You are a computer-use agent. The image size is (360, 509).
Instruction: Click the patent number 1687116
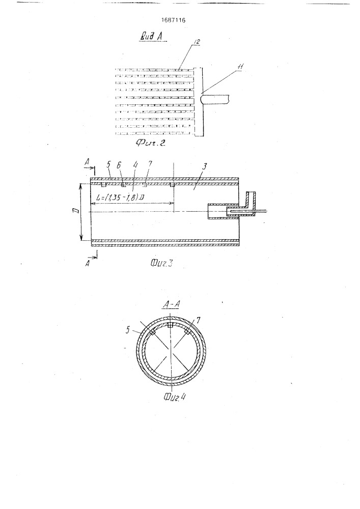pyautogui.click(x=173, y=20)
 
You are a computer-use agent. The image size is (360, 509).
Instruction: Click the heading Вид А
pyautogui.click(x=151, y=36)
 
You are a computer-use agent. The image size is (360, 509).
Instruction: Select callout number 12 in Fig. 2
pyautogui.click(x=197, y=42)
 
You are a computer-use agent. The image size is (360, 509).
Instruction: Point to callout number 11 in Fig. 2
pyautogui.click(x=240, y=67)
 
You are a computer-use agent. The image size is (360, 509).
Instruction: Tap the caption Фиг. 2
pyautogui.click(x=150, y=143)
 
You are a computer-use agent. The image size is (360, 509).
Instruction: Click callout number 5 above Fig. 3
pyautogui.click(x=109, y=165)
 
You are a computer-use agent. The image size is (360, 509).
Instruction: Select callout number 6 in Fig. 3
pyautogui.click(x=119, y=165)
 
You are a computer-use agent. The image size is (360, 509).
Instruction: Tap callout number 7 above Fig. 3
pyautogui.click(x=150, y=164)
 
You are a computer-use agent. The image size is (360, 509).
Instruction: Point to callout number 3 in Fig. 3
pyautogui.click(x=205, y=166)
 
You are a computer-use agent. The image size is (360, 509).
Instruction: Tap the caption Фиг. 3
pyautogui.click(x=161, y=263)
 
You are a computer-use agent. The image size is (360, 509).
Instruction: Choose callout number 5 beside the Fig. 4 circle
pyautogui.click(x=128, y=330)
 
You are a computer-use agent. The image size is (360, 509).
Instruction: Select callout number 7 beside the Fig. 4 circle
pyautogui.click(x=198, y=320)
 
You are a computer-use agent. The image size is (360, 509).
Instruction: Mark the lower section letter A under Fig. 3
pyautogui.click(x=87, y=264)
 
